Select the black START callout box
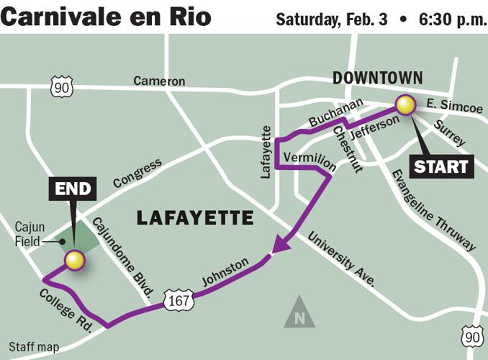click(x=441, y=166)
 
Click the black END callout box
click(x=73, y=190)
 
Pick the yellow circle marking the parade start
click(x=407, y=105)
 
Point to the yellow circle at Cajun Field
click(x=74, y=260)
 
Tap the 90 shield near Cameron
click(x=62, y=86)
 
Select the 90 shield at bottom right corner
click(x=471, y=336)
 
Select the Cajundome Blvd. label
click(x=124, y=248)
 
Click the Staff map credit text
click(x=35, y=347)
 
